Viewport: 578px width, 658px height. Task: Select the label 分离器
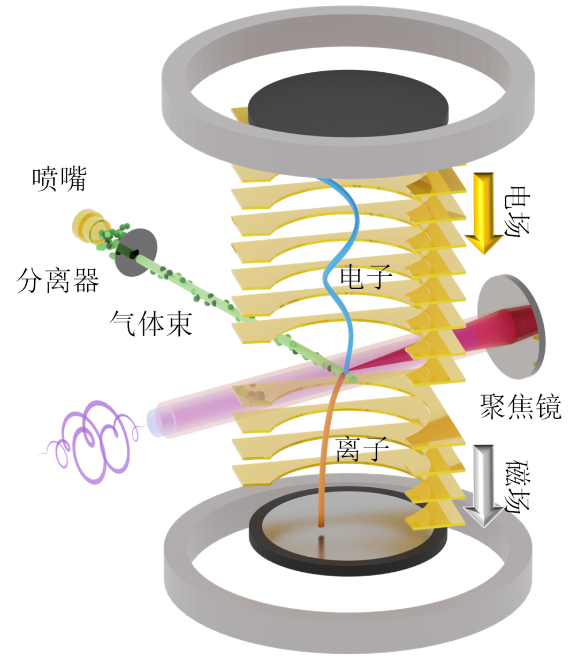click(x=58, y=280)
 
